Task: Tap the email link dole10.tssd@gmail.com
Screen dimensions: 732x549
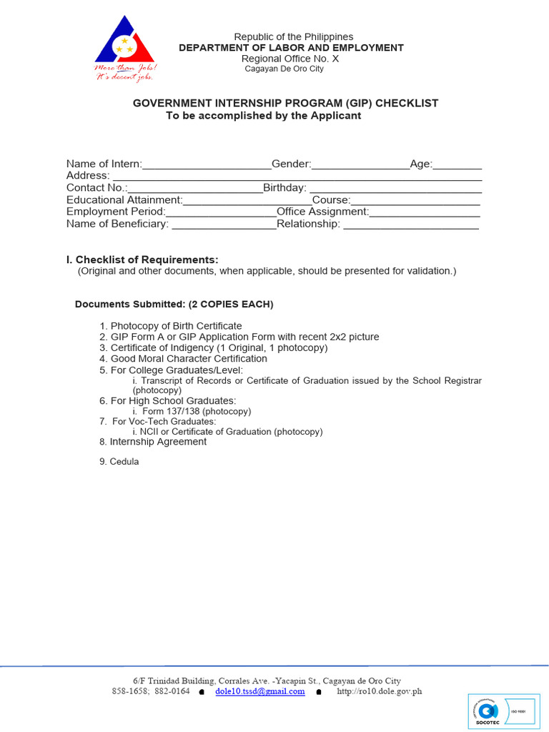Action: click(x=260, y=691)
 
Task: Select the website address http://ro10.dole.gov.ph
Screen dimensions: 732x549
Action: click(x=379, y=691)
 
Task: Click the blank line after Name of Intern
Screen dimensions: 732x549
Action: click(x=207, y=165)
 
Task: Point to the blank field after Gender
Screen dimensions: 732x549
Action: click(x=360, y=165)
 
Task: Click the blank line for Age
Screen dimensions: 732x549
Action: click(x=457, y=165)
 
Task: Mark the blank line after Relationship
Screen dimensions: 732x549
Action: click(x=410, y=225)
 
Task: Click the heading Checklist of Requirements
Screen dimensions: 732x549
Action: click(x=147, y=259)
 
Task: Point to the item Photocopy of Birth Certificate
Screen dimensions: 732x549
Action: click(x=176, y=326)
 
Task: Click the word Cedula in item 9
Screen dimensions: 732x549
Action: click(x=124, y=462)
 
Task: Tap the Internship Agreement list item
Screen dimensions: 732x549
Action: click(x=158, y=442)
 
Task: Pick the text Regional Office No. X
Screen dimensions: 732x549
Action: click(x=290, y=59)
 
